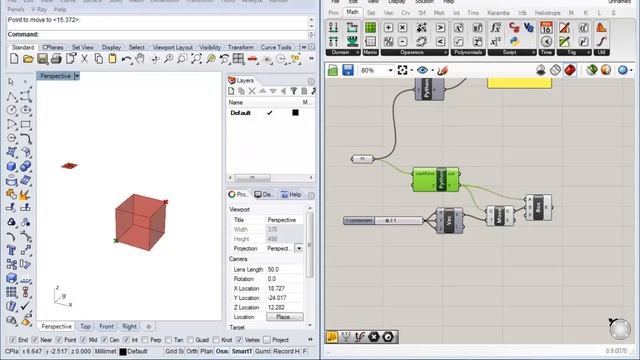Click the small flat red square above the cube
69,165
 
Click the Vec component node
449,218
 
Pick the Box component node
538,207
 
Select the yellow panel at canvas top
516,83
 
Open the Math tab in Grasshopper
352,13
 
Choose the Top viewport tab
86,326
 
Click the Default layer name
241,113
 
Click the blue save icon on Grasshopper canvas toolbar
347,70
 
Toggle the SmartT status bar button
241,351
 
